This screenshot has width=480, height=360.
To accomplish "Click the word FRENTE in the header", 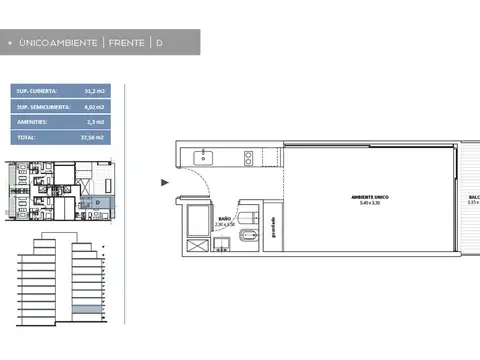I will click(124, 43).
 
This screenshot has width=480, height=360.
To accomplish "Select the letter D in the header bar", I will click(158, 43).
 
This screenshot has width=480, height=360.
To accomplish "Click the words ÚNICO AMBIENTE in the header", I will click(59, 43).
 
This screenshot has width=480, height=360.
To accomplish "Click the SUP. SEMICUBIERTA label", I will click(41, 106).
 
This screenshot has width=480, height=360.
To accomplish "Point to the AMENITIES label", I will click(33, 121).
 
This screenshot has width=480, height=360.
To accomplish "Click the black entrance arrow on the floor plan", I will click(164, 183).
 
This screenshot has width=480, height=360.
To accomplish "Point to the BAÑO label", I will click(225, 218).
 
